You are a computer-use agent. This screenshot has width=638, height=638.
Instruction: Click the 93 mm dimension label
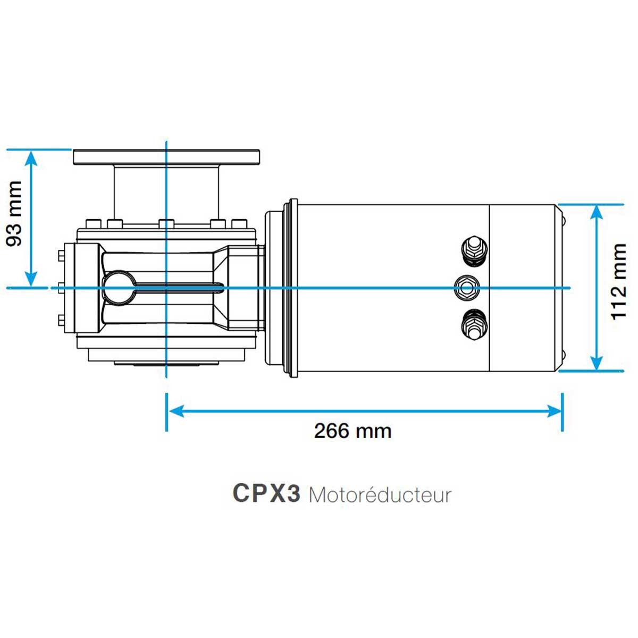(14, 213)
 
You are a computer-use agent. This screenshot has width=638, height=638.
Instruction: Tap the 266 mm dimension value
(352, 431)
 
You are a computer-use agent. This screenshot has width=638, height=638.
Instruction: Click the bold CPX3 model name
(266, 494)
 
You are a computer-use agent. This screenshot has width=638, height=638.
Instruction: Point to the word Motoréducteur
(380, 495)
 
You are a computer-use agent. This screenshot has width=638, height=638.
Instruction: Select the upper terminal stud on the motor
(474, 250)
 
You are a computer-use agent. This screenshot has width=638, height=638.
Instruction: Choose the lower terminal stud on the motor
(474, 325)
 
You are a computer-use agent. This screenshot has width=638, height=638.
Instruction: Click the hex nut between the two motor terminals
(467, 288)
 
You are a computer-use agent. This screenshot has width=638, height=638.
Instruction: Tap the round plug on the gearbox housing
(117, 288)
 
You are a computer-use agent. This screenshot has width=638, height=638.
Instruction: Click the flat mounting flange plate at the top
(166, 157)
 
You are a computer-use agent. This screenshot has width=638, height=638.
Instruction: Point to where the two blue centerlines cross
(166, 288)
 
